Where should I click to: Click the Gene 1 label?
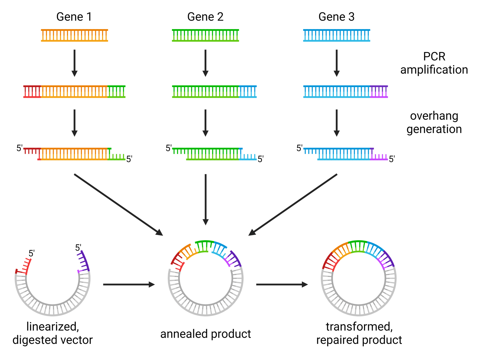(x=74, y=17)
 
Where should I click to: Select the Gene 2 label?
(x=205, y=17)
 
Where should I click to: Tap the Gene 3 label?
(x=336, y=17)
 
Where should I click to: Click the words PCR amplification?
(x=434, y=63)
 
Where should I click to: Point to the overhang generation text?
(x=434, y=122)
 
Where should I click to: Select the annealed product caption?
(x=206, y=334)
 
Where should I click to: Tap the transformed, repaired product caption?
(x=359, y=333)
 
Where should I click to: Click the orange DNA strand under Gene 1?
(x=74, y=35)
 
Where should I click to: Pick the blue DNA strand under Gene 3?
(x=336, y=35)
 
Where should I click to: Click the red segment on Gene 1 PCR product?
(x=32, y=92)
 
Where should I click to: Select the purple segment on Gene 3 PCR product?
(x=379, y=92)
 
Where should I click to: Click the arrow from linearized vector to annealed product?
(x=129, y=285)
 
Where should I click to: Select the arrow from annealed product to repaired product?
(x=282, y=285)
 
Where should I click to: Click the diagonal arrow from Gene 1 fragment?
(x=118, y=204)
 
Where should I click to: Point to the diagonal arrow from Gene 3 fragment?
(x=293, y=204)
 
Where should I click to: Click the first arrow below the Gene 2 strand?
(x=205, y=63)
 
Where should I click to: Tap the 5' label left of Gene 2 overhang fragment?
(x=169, y=148)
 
